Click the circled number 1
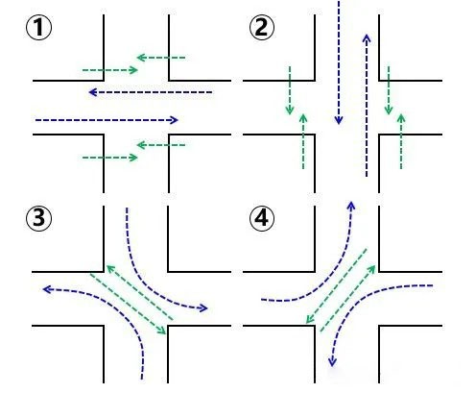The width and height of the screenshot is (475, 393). (38, 28)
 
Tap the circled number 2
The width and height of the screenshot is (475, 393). (262, 28)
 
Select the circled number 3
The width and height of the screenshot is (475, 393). (38, 218)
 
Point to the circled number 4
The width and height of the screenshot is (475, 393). (262, 218)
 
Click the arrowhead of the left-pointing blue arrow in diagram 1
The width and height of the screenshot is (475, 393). (93, 92)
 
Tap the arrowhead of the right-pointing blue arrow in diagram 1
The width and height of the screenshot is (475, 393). (174, 120)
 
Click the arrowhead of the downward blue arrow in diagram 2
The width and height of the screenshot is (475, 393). (339, 120)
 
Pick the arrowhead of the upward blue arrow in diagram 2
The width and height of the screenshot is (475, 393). (367, 38)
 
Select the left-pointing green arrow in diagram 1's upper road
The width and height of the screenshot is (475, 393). (161, 58)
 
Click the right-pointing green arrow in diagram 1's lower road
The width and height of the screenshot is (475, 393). (110, 158)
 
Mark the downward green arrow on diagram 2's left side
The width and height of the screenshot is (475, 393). (290, 90)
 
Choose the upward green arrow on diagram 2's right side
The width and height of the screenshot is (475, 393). (401, 141)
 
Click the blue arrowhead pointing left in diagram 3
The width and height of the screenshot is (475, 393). (47, 289)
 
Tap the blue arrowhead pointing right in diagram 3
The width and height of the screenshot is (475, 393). (203, 308)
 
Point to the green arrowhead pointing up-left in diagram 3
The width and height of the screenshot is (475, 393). (110, 269)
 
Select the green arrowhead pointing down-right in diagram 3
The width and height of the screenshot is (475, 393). (162, 331)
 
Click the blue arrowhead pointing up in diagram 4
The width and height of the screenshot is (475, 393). (351, 206)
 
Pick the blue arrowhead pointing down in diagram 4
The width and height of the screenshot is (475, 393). (332, 362)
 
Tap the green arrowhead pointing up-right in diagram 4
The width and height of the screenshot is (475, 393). (371, 269)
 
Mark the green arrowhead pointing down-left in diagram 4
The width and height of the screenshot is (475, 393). (310, 319)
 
